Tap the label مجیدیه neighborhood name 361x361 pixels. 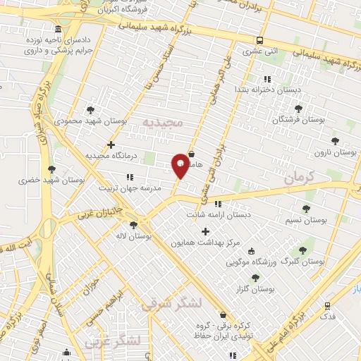click(x=163, y=123)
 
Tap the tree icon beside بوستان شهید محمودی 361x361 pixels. click(x=90, y=109)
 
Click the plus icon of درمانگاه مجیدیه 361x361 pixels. click(x=111, y=145)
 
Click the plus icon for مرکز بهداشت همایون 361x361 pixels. click(x=205, y=231)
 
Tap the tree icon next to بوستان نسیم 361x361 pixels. click(x=306, y=209)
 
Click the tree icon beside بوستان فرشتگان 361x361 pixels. click(x=299, y=109)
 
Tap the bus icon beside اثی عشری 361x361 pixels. click(x=260, y=40)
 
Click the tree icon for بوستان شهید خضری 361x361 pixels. click(x=51, y=169)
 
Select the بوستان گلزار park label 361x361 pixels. click(x=255, y=289)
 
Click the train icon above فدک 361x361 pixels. click(x=328, y=306)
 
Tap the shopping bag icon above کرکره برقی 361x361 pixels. click(x=224, y=315)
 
